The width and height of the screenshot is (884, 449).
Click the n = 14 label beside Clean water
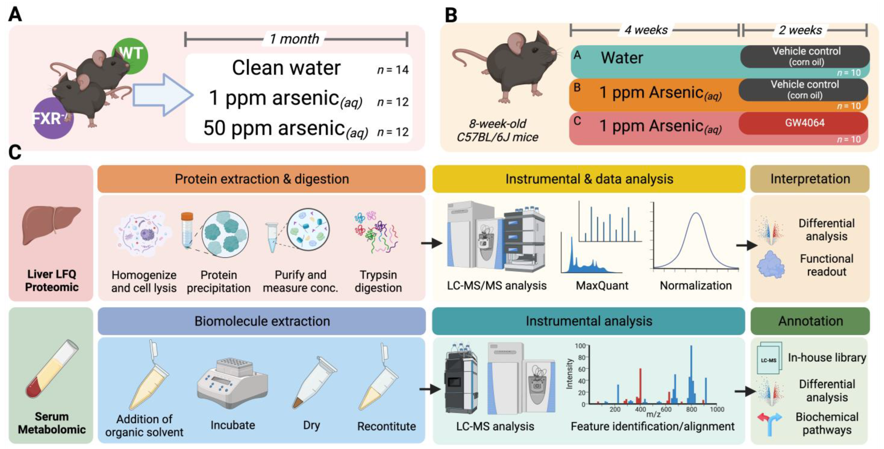pyautogui.click(x=393, y=70)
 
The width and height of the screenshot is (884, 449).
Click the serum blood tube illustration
pyautogui.click(x=52, y=369)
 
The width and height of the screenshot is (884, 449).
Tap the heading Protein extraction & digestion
pyautogui.click(x=262, y=179)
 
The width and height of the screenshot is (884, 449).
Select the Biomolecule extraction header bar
pyautogui.click(x=262, y=321)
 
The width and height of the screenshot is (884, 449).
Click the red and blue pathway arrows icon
pyautogui.click(x=770, y=422)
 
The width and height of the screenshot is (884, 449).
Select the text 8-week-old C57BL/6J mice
pyautogui.click(x=497, y=130)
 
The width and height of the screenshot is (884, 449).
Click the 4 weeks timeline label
pyautogui.click(x=646, y=30)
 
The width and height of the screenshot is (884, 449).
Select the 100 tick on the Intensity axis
pyautogui.click(x=580, y=346)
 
